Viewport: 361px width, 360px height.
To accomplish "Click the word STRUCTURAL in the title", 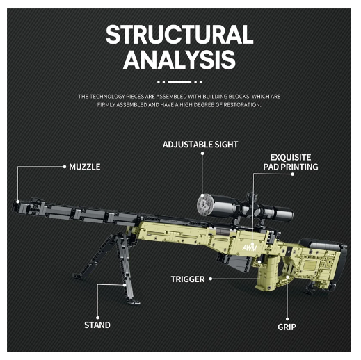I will tap(179, 35).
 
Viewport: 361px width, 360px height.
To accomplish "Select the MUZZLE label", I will tap(85, 167).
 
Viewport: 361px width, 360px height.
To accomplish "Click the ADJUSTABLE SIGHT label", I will tap(200, 145).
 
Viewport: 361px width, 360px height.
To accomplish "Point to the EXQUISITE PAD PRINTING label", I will tap(291, 162).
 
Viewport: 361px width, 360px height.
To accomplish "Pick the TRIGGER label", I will tap(188, 279).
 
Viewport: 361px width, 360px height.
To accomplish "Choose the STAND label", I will tap(97, 325).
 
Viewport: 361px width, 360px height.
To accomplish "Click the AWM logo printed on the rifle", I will tap(250, 247).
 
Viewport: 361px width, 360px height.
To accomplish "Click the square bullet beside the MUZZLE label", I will tap(65, 167).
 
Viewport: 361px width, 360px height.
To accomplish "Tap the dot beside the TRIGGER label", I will tap(209, 279).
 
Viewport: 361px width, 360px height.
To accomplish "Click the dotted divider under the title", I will tap(179, 81).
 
